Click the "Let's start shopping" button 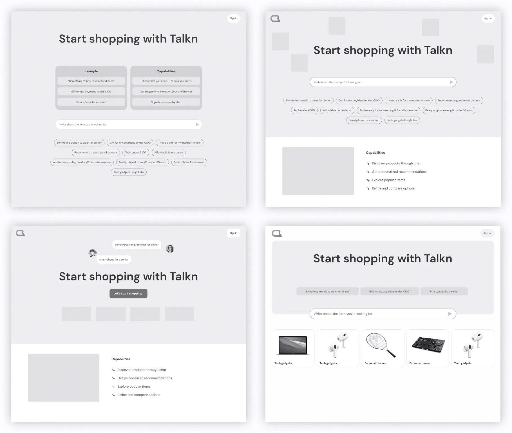128,293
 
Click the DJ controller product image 428,345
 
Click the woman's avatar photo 170,249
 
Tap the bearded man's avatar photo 93,253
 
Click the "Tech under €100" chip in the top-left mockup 135,153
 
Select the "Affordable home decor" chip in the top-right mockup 337,110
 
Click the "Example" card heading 91,71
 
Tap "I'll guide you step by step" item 166,102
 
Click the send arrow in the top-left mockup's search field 197,124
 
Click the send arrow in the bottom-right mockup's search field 450,314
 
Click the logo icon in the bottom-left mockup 20,233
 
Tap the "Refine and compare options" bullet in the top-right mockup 393,188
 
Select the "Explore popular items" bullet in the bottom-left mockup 134,387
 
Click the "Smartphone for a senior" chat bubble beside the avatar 114,260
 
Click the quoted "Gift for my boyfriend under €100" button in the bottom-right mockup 389,291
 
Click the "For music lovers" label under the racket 375,363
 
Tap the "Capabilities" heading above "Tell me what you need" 166,71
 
